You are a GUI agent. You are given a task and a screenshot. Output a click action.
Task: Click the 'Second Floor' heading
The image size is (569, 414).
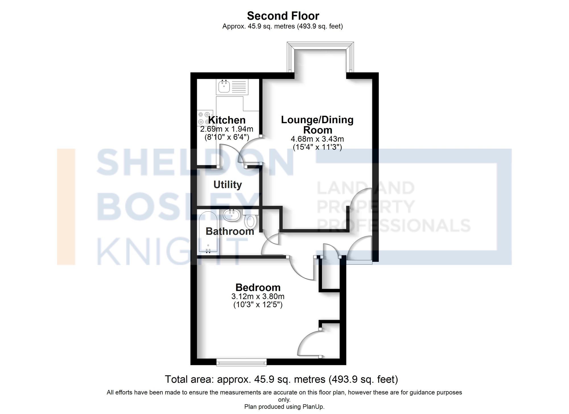(283, 16)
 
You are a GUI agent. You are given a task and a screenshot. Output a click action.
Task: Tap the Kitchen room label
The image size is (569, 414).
(227, 120)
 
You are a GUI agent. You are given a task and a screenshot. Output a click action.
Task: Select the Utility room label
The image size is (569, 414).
(228, 185)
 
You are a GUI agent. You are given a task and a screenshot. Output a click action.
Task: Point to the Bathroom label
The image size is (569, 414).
(230, 231)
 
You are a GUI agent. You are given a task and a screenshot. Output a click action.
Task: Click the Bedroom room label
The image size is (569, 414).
(258, 287)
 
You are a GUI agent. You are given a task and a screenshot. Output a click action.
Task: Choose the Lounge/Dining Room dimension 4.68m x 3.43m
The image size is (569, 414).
(317, 139)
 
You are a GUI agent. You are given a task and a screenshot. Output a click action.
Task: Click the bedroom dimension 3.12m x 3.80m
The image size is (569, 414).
(258, 296)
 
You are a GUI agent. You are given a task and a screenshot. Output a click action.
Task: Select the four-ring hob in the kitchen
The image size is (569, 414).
(205, 118)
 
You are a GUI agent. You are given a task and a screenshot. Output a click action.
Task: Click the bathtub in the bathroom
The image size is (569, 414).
(208, 232)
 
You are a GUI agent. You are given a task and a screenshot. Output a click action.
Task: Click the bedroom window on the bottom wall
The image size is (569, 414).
(241, 362)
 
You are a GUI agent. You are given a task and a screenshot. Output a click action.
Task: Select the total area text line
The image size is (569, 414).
(281, 379)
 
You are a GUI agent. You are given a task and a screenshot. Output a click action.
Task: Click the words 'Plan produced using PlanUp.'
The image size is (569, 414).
(284, 407)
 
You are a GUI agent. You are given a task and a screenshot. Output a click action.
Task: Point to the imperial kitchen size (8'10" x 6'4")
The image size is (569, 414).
(227, 137)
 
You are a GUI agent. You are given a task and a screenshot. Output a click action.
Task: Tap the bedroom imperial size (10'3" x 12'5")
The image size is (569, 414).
(258, 305)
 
